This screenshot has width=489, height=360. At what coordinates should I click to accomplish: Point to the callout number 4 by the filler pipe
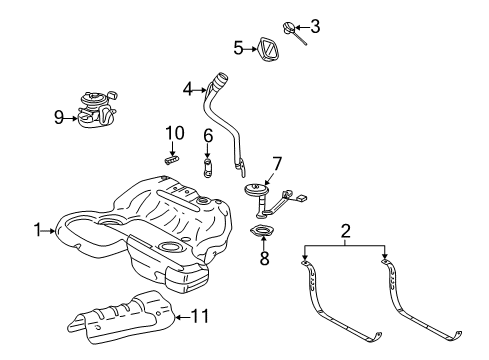click(x=187, y=89)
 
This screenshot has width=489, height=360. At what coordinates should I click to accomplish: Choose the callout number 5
click(x=239, y=47)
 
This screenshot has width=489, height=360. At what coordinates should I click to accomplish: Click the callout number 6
click(x=208, y=135)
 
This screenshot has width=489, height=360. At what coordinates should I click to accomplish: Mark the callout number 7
click(x=277, y=161)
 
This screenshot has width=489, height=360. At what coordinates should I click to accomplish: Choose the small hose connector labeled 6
click(x=208, y=162)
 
